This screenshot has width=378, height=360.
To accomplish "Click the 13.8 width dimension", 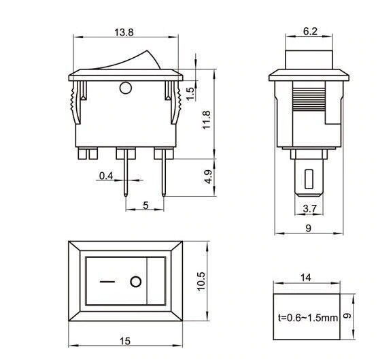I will point(124,32).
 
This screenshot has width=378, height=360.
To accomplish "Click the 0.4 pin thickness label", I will point(106,176).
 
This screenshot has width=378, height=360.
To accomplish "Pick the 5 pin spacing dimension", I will point(145,205).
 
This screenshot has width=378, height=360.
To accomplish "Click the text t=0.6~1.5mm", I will point(307,316).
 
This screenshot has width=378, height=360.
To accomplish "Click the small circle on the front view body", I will point(125,87).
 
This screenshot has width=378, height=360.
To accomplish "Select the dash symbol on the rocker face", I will point(106,281).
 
